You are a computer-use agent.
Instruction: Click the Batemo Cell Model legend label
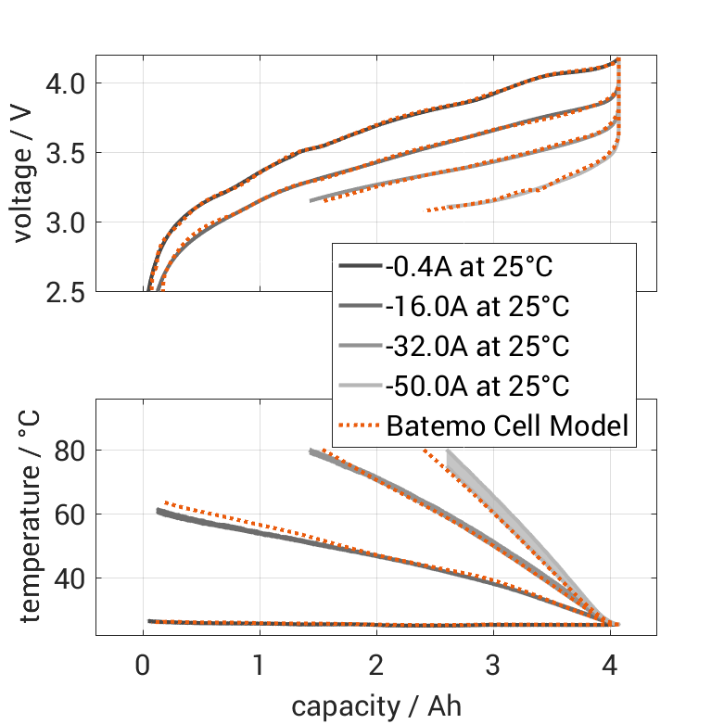[508, 426]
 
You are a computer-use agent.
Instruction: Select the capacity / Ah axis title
[375, 706]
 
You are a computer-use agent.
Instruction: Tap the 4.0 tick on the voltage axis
[65, 83]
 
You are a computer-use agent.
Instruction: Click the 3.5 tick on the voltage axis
[65, 153]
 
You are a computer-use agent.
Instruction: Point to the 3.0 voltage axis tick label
[65, 222]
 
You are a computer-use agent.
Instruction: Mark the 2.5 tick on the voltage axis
[65, 291]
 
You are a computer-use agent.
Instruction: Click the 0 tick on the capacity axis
[143, 666]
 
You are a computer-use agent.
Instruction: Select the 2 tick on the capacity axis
[376, 666]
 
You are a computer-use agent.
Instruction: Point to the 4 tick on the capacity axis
[610, 666]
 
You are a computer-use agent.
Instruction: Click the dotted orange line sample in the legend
[360, 426]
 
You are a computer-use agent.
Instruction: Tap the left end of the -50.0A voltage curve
[428, 210]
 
